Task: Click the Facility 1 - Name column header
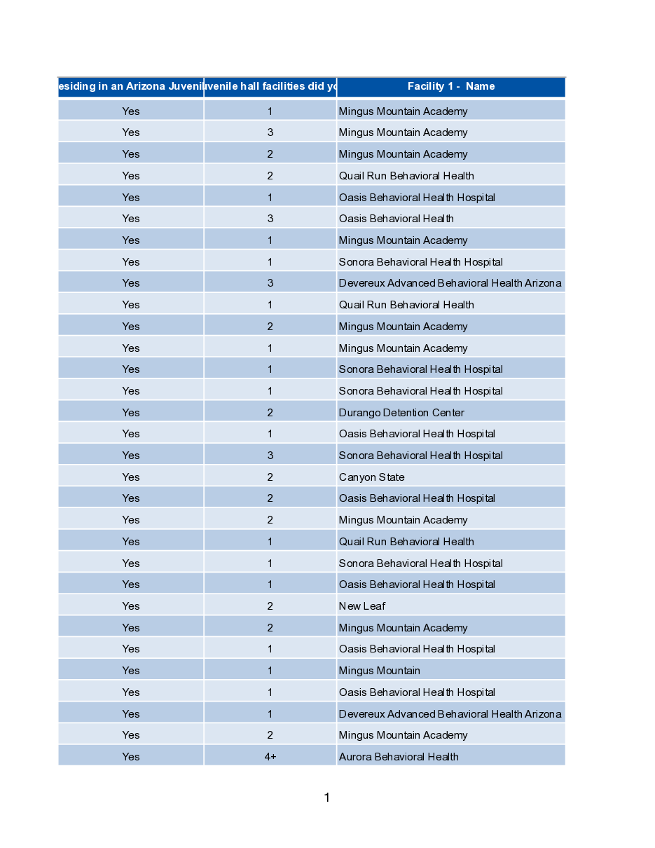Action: (450, 87)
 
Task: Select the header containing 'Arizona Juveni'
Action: (131, 87)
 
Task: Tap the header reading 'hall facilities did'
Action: (270, 87)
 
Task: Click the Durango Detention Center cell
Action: (401, 413)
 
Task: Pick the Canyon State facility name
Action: (372, 477)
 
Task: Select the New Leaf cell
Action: (362, 606)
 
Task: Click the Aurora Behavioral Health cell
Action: (399, 757)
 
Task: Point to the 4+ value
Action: (270, 757)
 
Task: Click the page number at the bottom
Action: (326, 798)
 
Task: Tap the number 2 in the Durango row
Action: (270, 413)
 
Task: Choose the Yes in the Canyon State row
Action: (131, 477)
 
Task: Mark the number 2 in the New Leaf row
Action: (270, 606)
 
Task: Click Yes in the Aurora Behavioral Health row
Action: (131, 757)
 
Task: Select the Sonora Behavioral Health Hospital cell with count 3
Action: (420, 456)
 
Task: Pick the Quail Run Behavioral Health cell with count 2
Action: (406, 176)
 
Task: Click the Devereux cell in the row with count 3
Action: (450, 283)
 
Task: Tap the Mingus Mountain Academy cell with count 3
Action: (403, 132)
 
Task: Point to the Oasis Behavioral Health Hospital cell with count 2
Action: (417, 498)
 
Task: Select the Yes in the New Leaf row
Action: (131, 606)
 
